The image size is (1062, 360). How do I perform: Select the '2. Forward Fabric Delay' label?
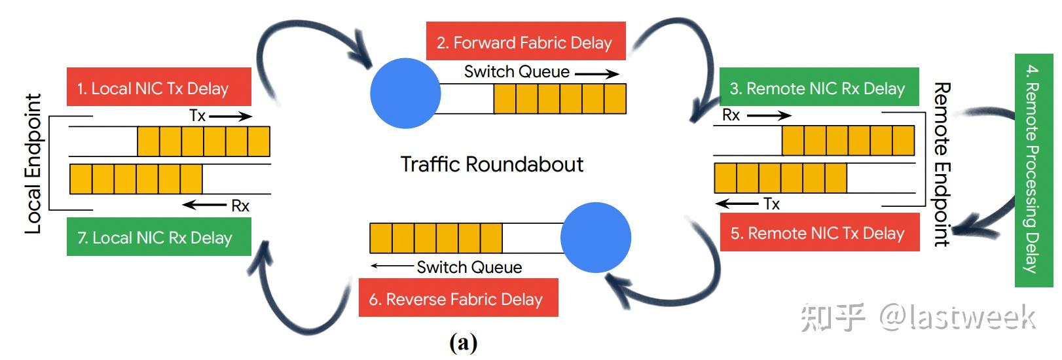point(525,42)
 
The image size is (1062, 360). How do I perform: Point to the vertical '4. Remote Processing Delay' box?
point(1033,170)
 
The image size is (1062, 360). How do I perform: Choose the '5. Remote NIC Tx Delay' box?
point(818,232)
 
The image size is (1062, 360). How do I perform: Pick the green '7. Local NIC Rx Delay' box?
point(158,237)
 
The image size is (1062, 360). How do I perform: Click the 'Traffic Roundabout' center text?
point(491,164)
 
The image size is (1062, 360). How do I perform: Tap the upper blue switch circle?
point(405,93)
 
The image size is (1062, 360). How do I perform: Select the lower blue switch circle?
point(596,238)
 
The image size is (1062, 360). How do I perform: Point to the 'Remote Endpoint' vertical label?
point(942,164)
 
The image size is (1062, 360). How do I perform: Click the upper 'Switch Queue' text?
point(517,71)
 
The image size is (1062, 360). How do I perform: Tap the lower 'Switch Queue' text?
point(469,267)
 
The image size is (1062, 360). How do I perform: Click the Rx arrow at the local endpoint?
point(204,206)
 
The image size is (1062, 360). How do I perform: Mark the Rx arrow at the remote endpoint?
point(769,116)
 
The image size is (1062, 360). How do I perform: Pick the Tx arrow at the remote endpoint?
point(737,204)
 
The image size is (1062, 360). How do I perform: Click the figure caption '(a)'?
point(464,342)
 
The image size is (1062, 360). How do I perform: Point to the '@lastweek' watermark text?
point(956,317)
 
